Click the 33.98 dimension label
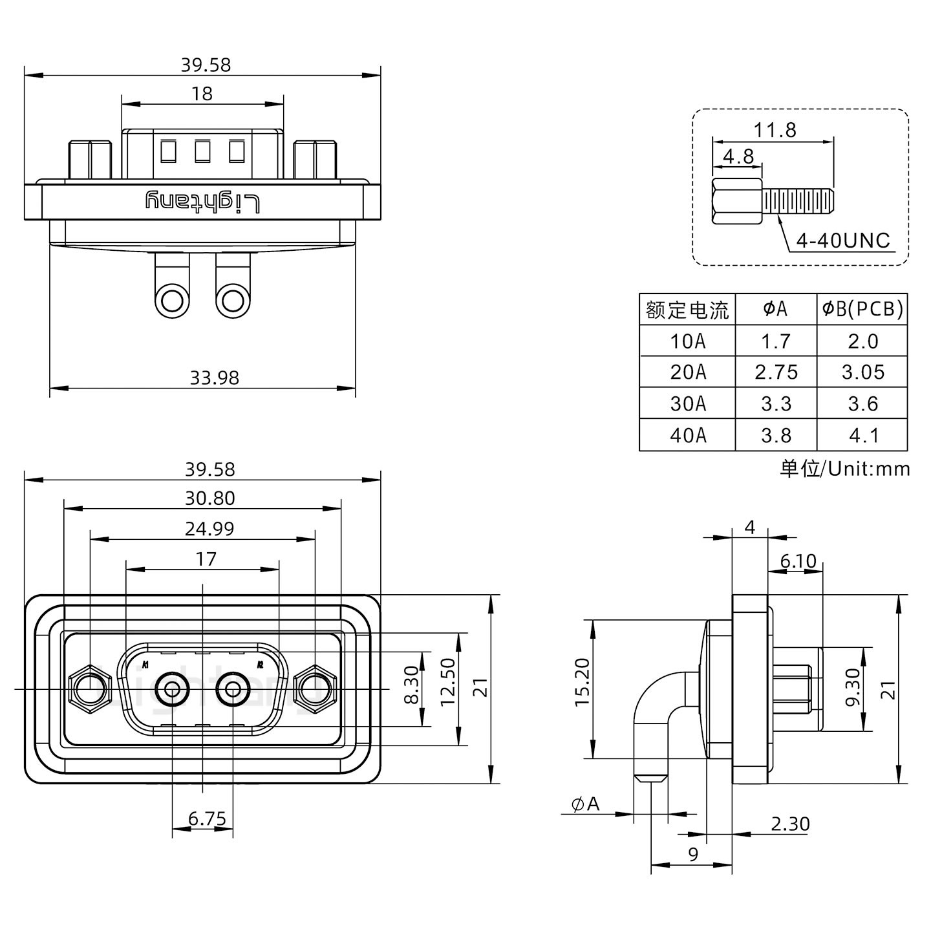tap(214, 378)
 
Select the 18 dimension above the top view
tap(202, 94)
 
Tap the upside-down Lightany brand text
tap(202, 202)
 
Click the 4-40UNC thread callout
tap(842, 241)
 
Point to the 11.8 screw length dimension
tap(774, 131)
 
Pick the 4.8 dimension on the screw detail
tap(738, 157)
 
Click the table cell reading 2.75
tap(776, 372)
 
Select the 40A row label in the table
tap(687, 435)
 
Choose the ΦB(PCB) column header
tap(862, 309)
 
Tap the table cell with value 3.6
tap(862, 404)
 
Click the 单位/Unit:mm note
tap(844, 469)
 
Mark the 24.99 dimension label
tap(209, 529)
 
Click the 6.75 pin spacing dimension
tap(207, 820)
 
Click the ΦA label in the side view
tap(585, 804)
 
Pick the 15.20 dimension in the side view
tap(582, 683)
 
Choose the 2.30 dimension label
tap(789, 824)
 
